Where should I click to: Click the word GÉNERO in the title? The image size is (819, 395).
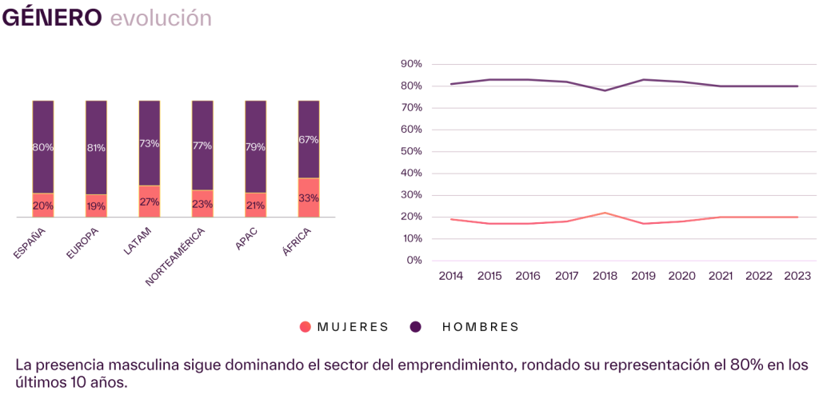52,18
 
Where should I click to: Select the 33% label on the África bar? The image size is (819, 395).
309,198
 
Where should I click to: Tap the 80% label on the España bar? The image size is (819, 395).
43,147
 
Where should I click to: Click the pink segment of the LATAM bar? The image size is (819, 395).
150,201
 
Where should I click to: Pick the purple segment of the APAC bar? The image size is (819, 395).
255,146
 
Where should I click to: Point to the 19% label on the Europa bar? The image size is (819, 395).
96,205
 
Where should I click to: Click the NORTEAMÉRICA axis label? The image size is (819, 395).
177,255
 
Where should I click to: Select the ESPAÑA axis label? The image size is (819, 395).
30,243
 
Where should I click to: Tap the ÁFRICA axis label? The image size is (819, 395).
297,243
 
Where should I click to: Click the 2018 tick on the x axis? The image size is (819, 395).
605,276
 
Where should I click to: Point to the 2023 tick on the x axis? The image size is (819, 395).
797,276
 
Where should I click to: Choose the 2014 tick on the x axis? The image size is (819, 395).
451,276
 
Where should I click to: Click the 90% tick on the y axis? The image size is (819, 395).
411,64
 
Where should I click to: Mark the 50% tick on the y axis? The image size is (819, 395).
411,151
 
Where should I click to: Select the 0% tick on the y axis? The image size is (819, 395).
413,260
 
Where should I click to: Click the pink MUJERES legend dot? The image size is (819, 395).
305,327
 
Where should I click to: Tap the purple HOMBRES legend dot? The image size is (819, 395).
416,327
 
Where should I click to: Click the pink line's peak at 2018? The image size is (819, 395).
605,213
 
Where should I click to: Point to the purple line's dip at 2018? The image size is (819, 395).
605,90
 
